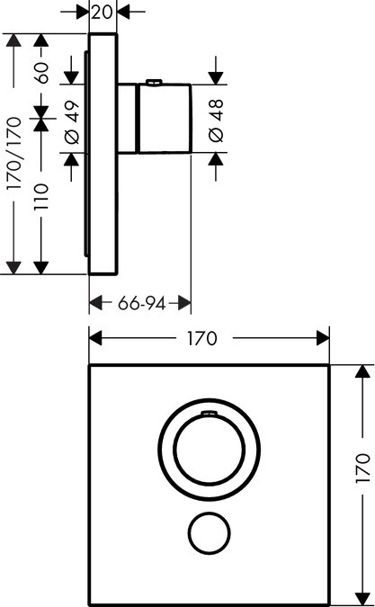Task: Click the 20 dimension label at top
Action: click(x=104, y=12)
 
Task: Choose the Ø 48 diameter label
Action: click(x=217, y=121)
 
